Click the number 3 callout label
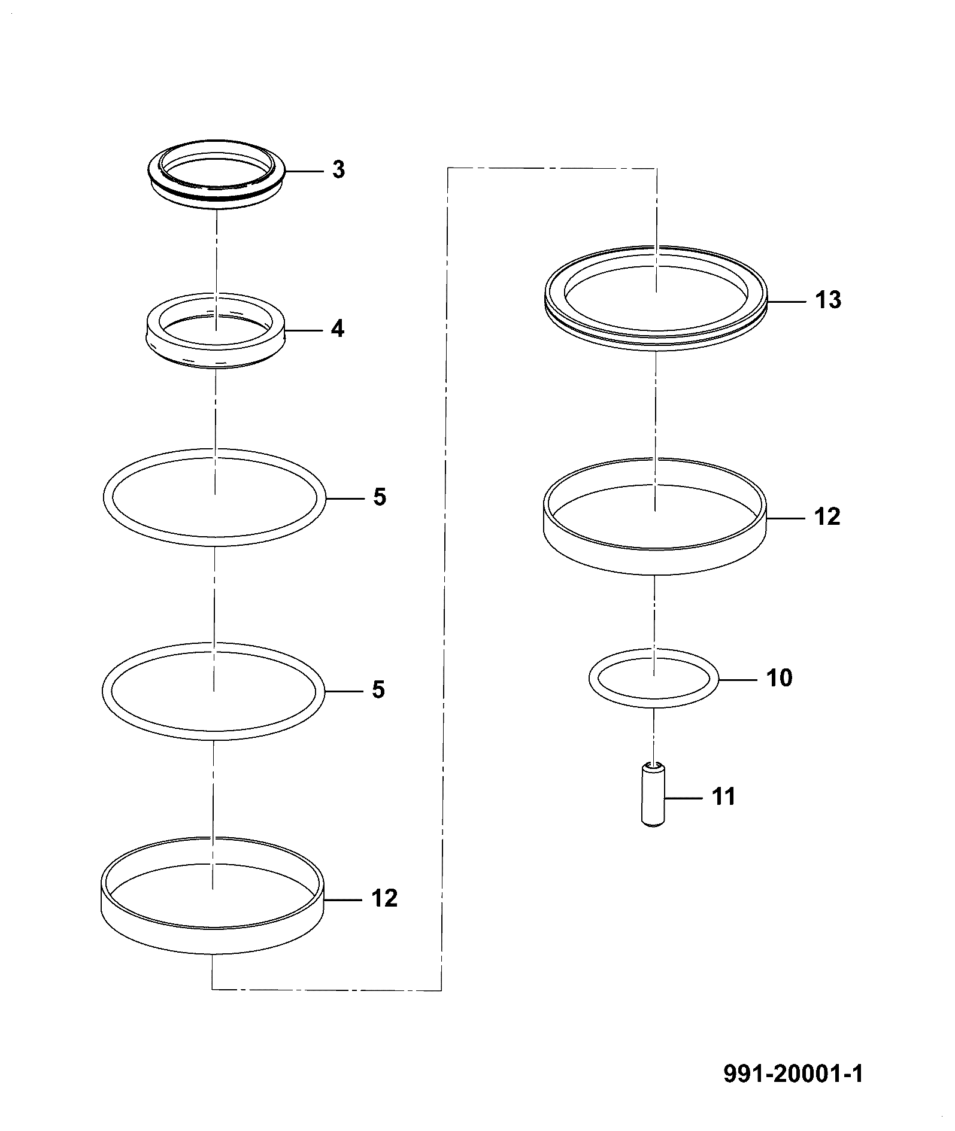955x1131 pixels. click(338, 171)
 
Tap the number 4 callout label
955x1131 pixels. click(338, 329)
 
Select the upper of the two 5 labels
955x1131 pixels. click(379, 498)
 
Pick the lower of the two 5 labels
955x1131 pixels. click(378, 691)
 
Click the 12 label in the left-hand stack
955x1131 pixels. click(384, 899)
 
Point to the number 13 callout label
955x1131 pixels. click(828, 300)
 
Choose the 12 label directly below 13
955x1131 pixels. click(827, 516)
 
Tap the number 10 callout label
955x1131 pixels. click(779, 678)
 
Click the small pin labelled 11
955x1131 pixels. click(654, 795)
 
